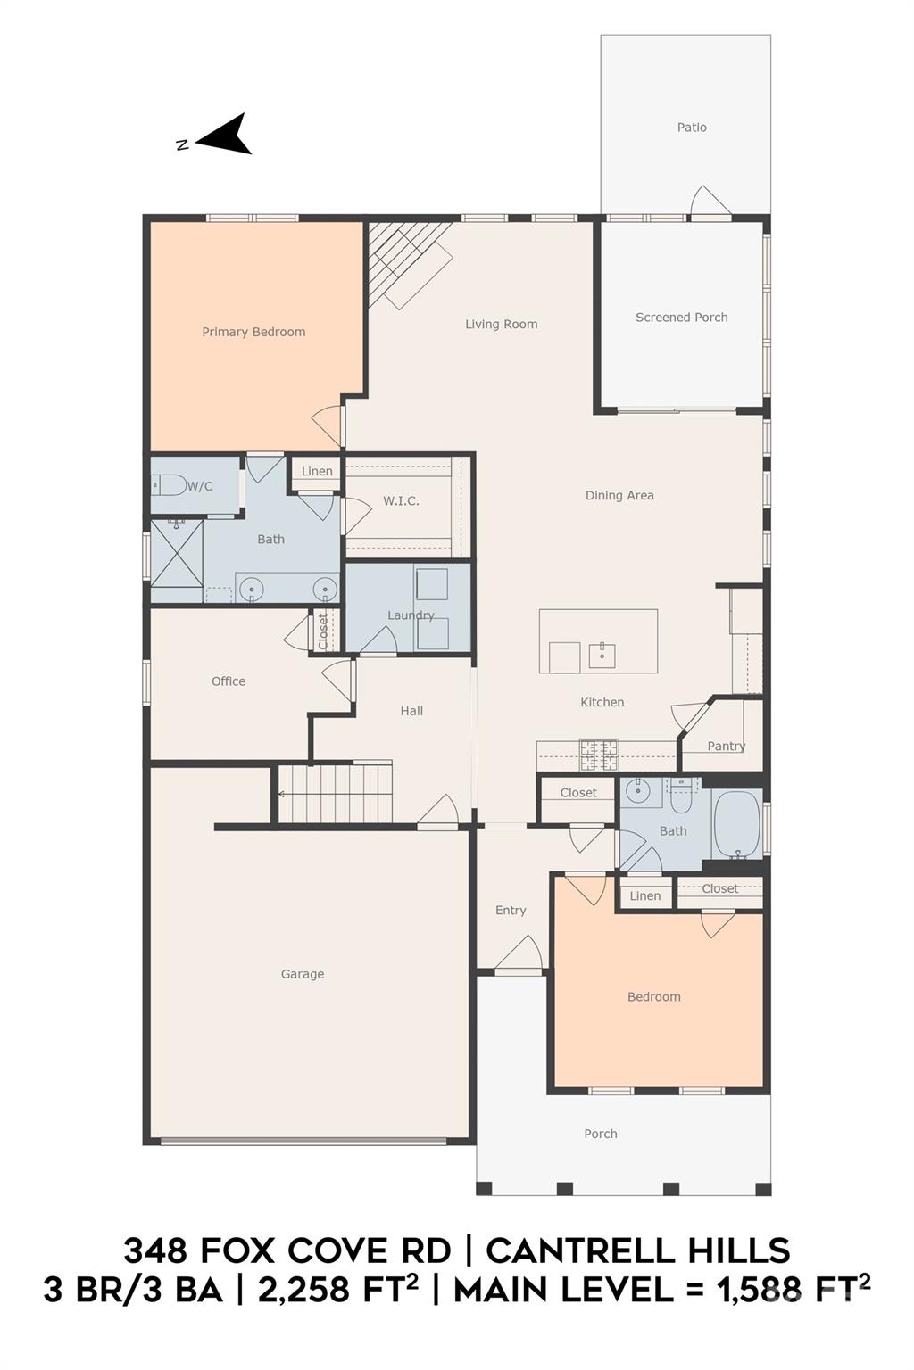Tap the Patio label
692,128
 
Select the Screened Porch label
681,318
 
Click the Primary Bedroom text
253,332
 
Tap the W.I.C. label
401,501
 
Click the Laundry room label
411,615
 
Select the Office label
228,681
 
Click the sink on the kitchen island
602,655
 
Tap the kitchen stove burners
599,755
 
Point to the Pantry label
726,747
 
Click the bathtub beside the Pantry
737,825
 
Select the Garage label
303,974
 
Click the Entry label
511,910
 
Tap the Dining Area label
619,495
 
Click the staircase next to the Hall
336,795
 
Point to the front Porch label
601,1134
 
